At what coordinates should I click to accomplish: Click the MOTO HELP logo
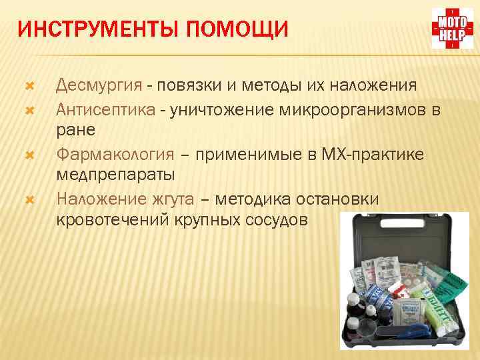pyautogui.click(x=452, y=29)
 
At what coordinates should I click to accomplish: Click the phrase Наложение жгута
pyautogui.click(x=125, y=199)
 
